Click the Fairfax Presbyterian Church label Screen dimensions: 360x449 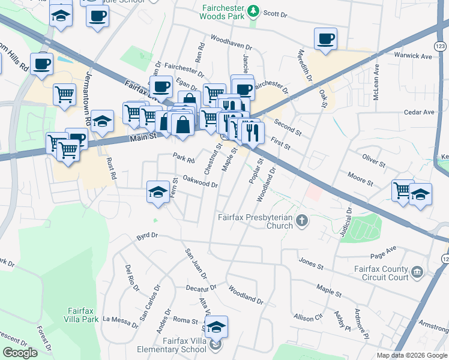click(x=255, y=221)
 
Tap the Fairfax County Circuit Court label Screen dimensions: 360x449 click(x=381, y=274)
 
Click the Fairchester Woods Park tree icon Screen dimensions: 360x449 click(x=254, y=11)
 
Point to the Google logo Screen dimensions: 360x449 click(x=20, y=353)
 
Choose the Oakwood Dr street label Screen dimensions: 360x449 click(x=200, y=180)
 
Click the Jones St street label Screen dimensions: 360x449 click(x=311, y=262)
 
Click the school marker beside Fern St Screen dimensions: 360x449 click(x=158, y=192)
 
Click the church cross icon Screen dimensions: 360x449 click(x=303, y=221)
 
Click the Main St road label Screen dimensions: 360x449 click(x=144, y=137)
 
